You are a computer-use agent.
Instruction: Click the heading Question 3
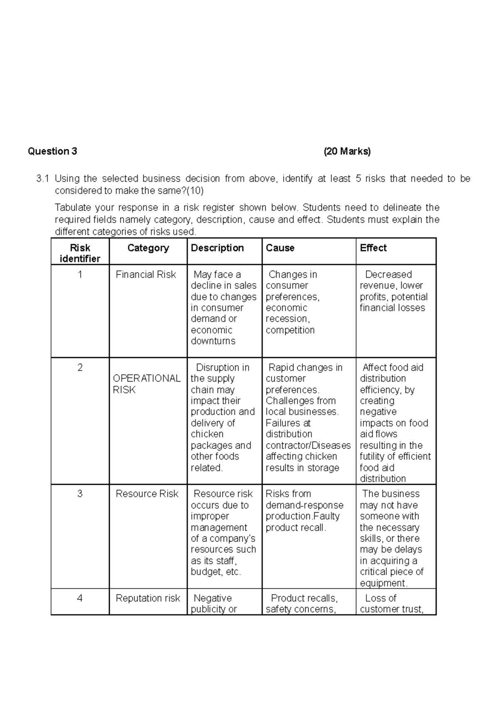52,151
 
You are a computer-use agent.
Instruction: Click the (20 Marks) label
347,151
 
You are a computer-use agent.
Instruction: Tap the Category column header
148,248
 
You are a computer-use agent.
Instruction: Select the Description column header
217,248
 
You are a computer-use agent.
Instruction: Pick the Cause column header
280,248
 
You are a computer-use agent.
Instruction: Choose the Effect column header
373,248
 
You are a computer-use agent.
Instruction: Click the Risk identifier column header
80,253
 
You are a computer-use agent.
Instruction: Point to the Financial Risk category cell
146,274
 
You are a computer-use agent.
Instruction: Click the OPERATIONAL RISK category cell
146,384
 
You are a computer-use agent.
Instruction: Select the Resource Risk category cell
147,494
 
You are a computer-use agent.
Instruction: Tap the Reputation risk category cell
148,598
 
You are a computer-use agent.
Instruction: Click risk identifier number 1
80,274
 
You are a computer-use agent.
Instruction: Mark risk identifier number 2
80,368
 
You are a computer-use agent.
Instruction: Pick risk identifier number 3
80,494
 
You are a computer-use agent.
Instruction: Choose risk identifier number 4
80,598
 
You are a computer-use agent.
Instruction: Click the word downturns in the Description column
213,341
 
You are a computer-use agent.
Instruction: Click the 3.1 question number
42,179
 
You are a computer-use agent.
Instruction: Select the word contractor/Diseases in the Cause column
308,445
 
